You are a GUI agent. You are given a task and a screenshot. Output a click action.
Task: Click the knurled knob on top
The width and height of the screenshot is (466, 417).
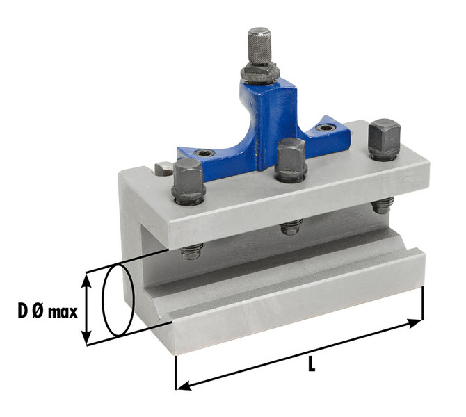pyautogui.click(x=259, y=47)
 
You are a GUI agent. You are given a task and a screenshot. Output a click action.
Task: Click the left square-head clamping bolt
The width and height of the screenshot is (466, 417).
pyautogui.click(x=188, y=181)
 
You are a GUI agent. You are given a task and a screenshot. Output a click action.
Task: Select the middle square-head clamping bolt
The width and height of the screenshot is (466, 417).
pyautogui.click(x=291, y=160)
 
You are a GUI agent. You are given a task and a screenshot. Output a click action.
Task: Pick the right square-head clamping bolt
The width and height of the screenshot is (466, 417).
pyautogui.click(x=384, y=139)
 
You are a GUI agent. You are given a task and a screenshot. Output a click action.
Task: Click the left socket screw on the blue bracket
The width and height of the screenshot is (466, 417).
pyautogui.click(x=204, y=154)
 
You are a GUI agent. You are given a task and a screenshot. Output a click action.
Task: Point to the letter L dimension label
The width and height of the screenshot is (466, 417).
pyautogui.click(x=311, y=363)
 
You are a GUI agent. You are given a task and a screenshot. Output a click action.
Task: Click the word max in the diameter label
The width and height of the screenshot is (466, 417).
pyautogui.click(x=63, y=313)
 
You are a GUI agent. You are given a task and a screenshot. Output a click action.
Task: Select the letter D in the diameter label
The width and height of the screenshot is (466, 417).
pyautogui.click(x=23, y=311)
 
